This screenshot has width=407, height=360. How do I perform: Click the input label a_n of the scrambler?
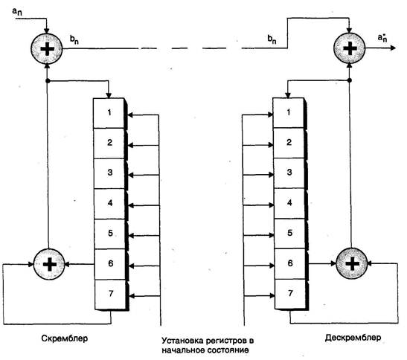click(x=17, y=11)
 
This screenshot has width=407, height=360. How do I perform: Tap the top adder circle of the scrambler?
click(x=47, y=48)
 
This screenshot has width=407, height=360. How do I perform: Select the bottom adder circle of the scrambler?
click(x=49, y=264)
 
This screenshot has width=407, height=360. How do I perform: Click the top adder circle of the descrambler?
click(x=350, y=48)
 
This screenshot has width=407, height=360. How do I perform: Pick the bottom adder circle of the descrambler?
click(x=352, y=263)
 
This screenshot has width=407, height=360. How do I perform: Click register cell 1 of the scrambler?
click(x=109, y=113)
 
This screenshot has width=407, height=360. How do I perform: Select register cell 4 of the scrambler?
click(x=109, y=204)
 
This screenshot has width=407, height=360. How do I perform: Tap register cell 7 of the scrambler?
click(x=110, y=295)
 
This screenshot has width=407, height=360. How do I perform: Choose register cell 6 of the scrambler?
click(x=110, y=264)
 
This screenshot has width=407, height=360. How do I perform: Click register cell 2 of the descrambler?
click(x=289, y=143)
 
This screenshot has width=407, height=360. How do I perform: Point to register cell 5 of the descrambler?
click(x=290, y=234)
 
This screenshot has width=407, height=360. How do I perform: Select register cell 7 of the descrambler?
click(x=290, y=294)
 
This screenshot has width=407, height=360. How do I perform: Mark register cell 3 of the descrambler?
click(x=289, y=173)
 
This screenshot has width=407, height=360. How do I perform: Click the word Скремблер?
click(x=65, y=338)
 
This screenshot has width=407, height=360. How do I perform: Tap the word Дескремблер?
click(x=353, y=338)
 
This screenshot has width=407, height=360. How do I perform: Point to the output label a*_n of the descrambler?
click(x=382, y=38)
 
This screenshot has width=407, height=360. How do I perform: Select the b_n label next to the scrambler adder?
click(x=74, y=39)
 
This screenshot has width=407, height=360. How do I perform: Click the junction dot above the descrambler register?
click(x=350, y=80)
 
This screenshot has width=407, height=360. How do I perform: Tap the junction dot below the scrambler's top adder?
click(x=48, y=81)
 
